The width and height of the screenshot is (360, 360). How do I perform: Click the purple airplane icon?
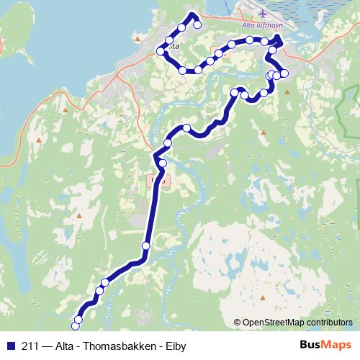(263, 13)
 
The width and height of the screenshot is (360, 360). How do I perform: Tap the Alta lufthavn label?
(260, 25)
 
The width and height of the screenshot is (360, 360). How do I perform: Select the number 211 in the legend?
(31, 346)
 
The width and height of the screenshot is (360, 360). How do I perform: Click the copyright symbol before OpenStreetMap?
(238, 323)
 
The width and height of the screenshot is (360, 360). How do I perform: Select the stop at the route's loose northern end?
(197, 24)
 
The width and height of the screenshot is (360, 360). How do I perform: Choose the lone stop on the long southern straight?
(146, 246)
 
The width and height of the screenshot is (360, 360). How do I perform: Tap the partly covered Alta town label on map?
(173, 46)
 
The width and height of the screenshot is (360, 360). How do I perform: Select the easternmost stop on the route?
(284, 73)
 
